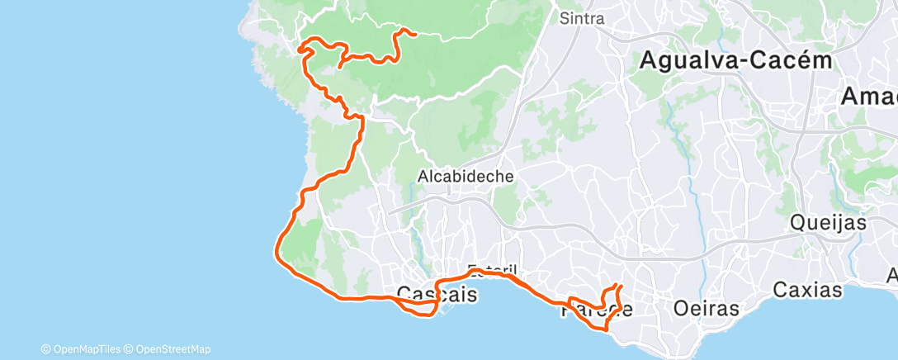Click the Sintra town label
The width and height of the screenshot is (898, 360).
(x=582, y=18)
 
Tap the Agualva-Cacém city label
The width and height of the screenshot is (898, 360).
(x=735, y=60)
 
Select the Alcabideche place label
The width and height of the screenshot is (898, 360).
(x=466, y=176)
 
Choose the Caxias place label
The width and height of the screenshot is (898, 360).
(x=808, y=290)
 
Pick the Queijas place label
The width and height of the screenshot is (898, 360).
(x=828, y=222)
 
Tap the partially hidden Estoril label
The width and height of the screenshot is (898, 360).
(x=492, y=270)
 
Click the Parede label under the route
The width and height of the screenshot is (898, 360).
(x=598, y=310)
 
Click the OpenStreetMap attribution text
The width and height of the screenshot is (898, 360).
(x=169, y=349)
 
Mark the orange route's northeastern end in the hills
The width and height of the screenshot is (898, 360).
(x=404, y=31)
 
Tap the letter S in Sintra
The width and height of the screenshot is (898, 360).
(x=565, y=18)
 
